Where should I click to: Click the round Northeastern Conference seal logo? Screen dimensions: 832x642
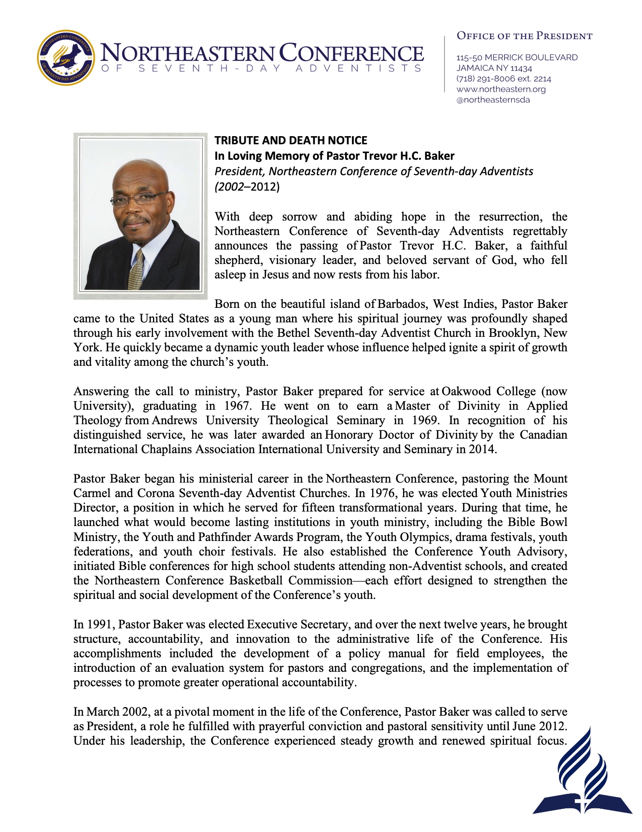66,58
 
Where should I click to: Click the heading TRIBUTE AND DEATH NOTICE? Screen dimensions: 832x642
291,140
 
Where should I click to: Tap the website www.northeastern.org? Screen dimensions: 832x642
501,89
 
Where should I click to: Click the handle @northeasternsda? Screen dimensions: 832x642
493,100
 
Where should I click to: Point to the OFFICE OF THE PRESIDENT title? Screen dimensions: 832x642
524,36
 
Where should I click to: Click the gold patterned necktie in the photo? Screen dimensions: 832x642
137,270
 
